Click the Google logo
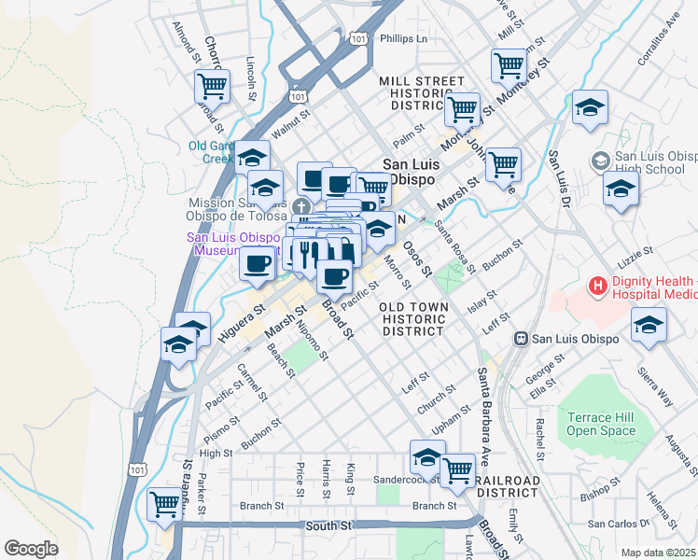31,549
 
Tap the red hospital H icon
597,284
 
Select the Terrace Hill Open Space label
601,425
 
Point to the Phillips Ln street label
403,39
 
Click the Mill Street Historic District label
422,94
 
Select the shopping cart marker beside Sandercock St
457,470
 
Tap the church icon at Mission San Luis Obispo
300,206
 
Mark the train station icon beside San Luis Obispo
524,338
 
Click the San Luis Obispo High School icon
598,161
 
